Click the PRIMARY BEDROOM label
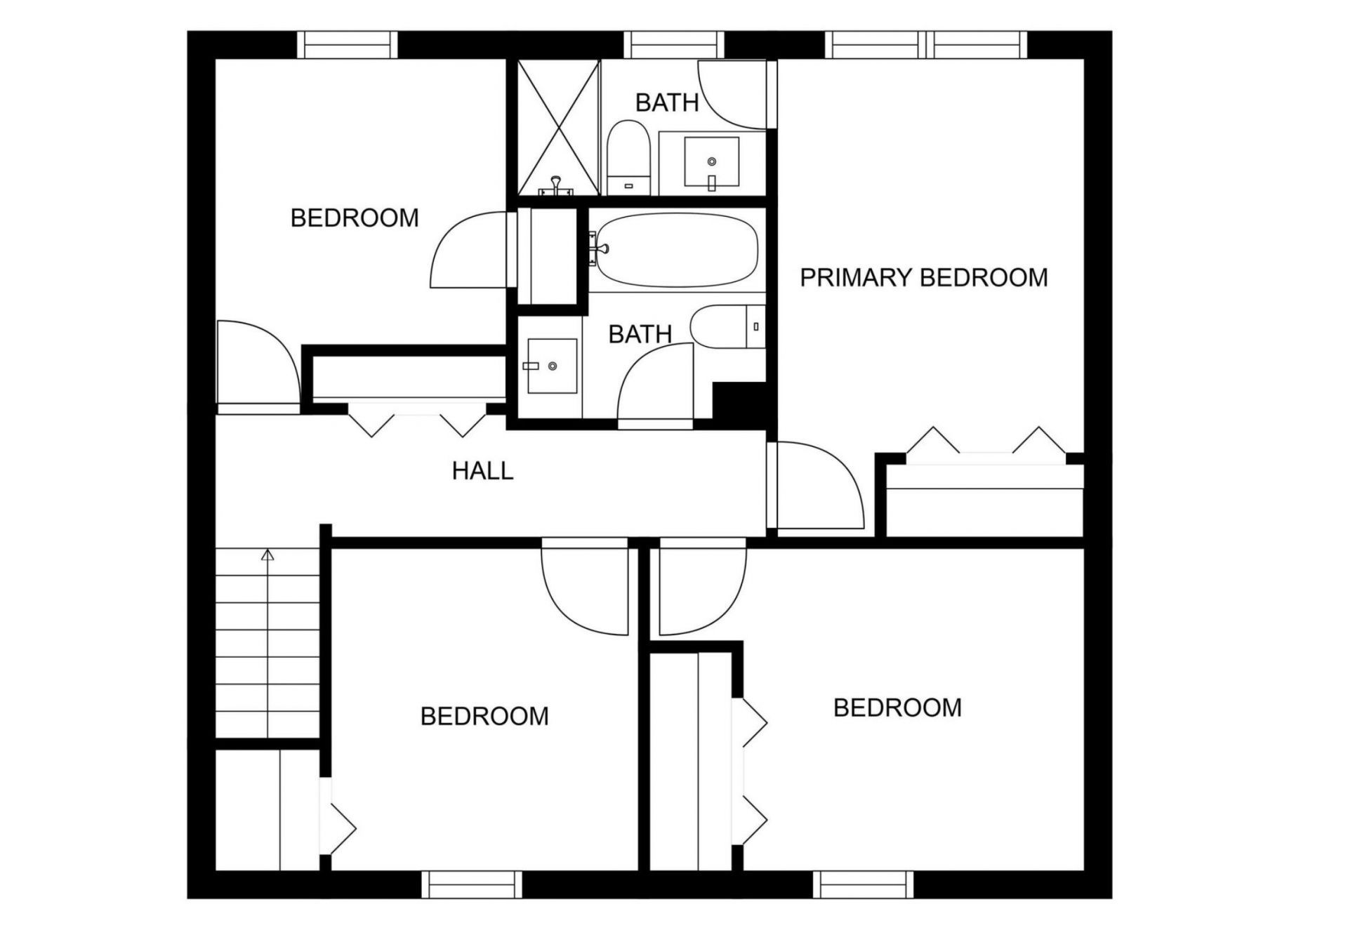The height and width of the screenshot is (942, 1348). (923, 278)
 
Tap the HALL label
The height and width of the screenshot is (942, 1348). (482, 471)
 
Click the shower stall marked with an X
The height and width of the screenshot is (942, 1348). (558, 128)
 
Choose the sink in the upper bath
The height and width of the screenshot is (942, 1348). (711, 163)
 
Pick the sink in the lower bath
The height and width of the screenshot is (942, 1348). (552, 366)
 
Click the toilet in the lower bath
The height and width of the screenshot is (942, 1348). (727, 326)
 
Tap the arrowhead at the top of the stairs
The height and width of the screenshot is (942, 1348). (267, 555)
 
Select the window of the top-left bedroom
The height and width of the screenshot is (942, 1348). (348, 45)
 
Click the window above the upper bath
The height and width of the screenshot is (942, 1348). (674, 45)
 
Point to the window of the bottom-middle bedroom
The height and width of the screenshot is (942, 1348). (472, 884)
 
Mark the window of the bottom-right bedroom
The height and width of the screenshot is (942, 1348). (864, 884)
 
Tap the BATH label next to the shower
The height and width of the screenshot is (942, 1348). (667, 103)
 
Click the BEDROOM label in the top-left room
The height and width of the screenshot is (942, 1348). (355, 218)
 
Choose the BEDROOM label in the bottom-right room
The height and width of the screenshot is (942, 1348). (897, 708)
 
